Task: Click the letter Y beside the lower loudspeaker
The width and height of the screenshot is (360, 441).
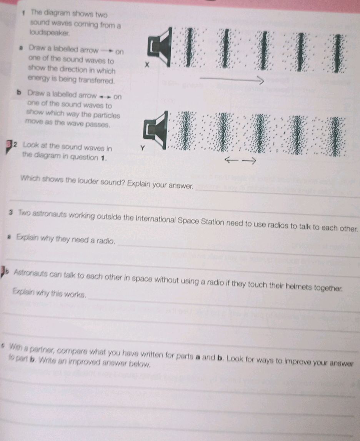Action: point(143,147)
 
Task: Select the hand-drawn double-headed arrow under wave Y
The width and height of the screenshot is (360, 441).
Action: point(240,160)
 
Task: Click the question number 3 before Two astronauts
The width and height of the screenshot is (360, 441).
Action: point(13,212)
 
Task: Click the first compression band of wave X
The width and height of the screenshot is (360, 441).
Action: point(188,47)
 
